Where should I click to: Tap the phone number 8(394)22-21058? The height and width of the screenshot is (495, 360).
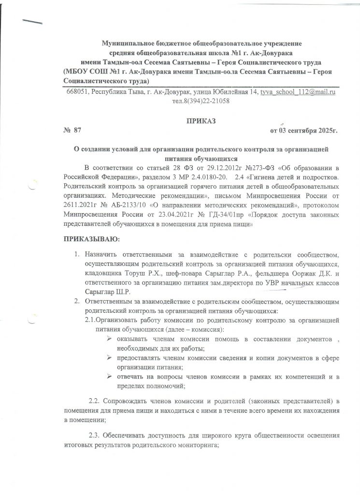click(201, 101)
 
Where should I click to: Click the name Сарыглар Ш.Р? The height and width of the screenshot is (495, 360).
click(105, 292)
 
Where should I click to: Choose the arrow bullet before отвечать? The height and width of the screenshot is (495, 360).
click(109, 377)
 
